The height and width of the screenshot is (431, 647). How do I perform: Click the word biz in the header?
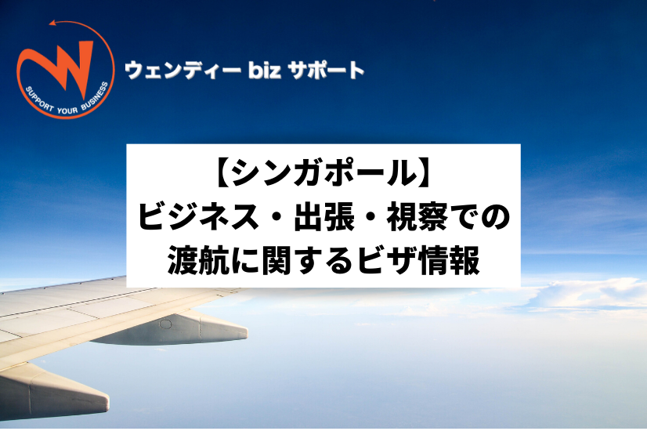pyautogui.click(x=265, y=70)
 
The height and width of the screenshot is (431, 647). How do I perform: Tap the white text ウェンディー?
pyautogui.click(x=183, y=71)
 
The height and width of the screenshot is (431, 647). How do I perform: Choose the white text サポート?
pyautogui.click(x=326, y=71)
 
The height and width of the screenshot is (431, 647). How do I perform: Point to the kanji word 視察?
pyautogui.click(x=417, y=217)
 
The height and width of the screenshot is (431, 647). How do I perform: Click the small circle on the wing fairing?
pyautogui.click(x=165, y=324)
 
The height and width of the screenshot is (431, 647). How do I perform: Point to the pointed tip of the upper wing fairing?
pyautogui.click(x=247, y=331)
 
